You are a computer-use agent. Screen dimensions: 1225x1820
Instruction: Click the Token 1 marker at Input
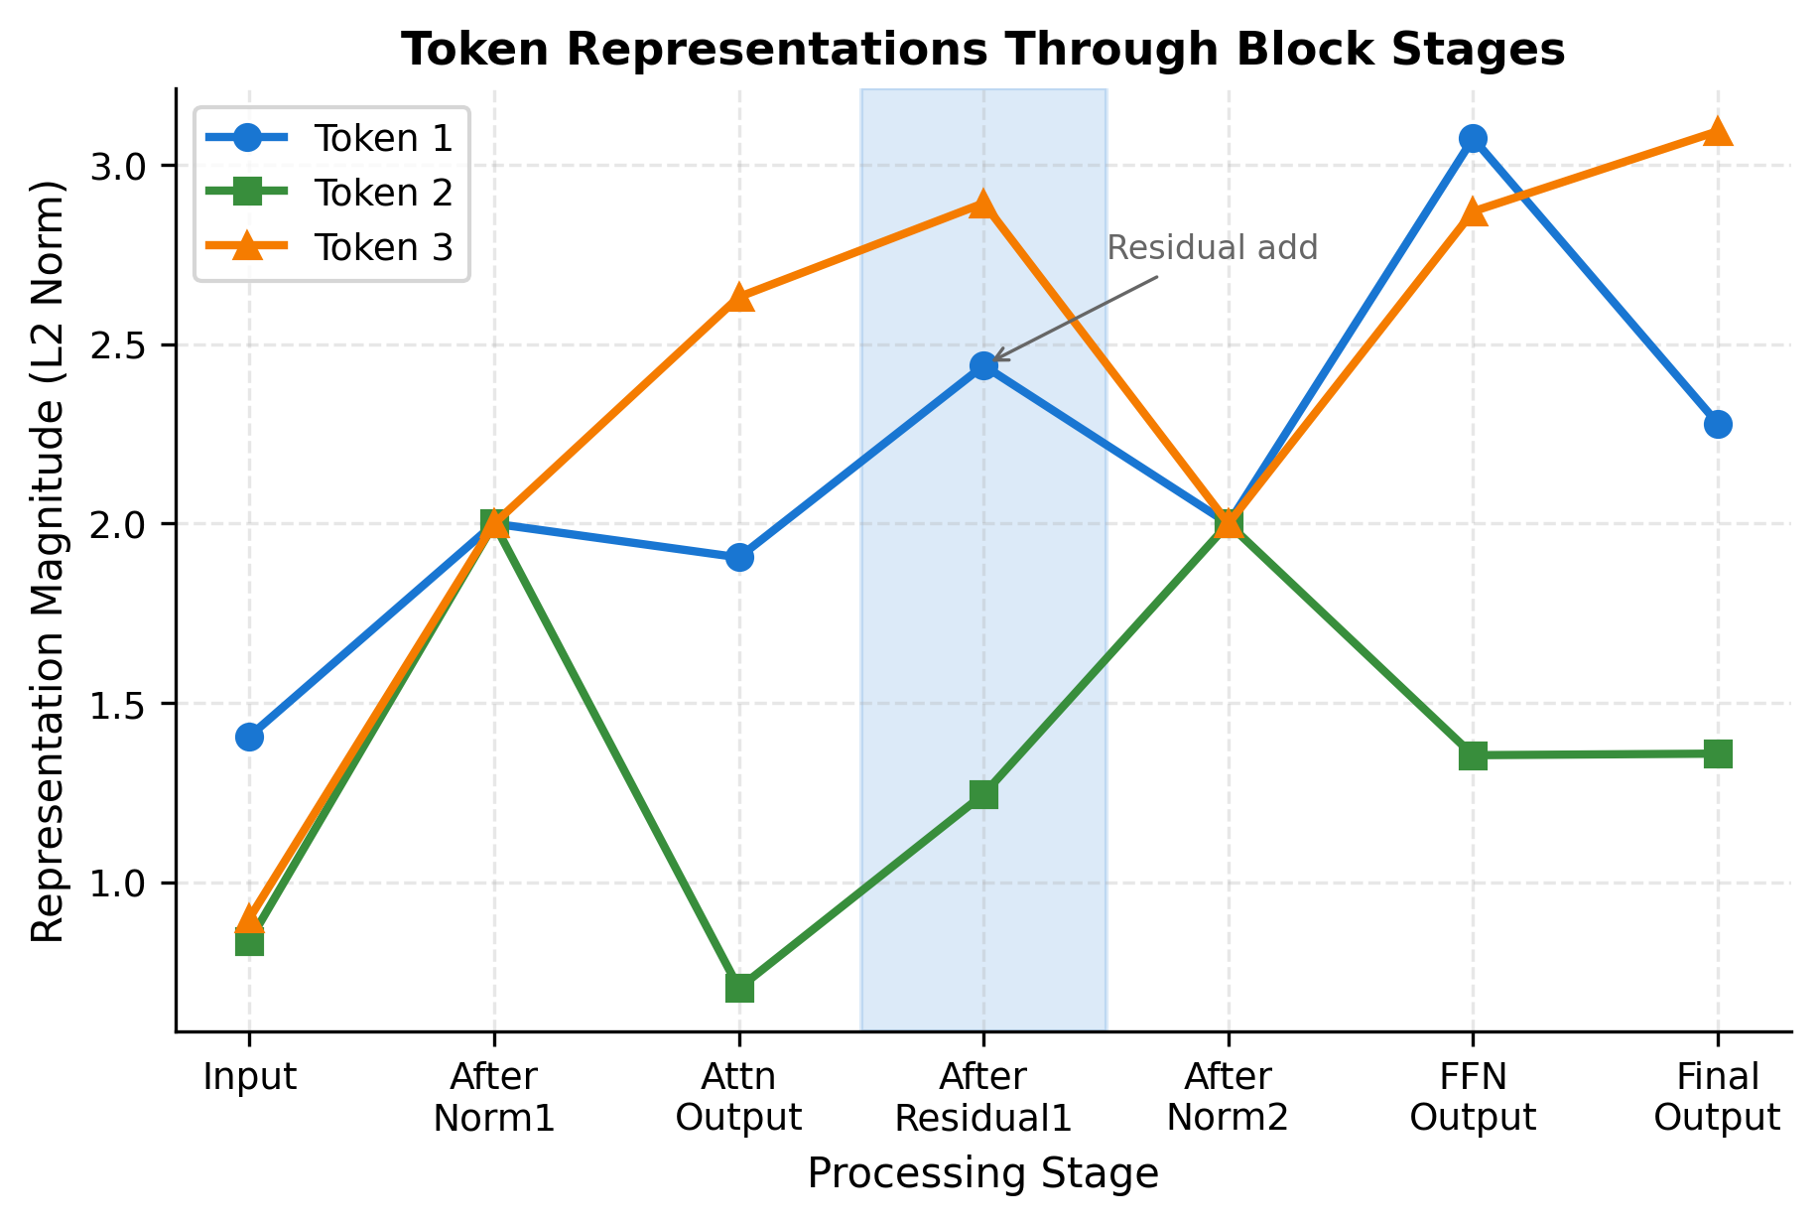[x=249, y=737]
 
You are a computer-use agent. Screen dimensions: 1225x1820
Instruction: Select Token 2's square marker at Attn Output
[x=739, y=988]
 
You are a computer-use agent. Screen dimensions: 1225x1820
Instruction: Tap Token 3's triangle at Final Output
[x=1718, y=132]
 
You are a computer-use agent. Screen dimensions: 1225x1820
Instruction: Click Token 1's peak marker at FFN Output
[x=1473, y=138]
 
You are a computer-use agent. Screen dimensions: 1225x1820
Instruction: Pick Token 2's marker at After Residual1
[x=983, y=794]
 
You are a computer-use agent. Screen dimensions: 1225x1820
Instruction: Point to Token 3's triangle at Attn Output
[x=739, y=298]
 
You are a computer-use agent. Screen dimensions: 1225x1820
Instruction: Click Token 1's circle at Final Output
[x=1718, y=424]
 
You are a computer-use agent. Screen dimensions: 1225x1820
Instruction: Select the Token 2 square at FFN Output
[x=1473, y=755]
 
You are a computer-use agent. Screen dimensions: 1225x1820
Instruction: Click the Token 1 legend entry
[x=383, y=139]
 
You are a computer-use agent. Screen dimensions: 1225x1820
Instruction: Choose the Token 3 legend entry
[x=383, y=247]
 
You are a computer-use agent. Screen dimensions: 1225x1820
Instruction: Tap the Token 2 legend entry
[x=383, y=193]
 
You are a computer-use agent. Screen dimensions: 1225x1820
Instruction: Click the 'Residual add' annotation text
[x=1212, y=248]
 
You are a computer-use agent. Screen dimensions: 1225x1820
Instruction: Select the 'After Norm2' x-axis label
[x=1228, y=1097]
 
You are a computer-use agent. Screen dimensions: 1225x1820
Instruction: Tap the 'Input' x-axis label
[x=249, y=1077]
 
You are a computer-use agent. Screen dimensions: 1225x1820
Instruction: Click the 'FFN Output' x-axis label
[x=1473, y=1097]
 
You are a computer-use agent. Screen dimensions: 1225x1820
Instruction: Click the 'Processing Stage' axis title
[x=982, y=1173]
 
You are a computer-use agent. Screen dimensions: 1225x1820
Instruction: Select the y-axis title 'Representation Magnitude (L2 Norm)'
[x=48, y=561]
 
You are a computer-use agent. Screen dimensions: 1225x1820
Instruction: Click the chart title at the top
[x=982, y=50]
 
